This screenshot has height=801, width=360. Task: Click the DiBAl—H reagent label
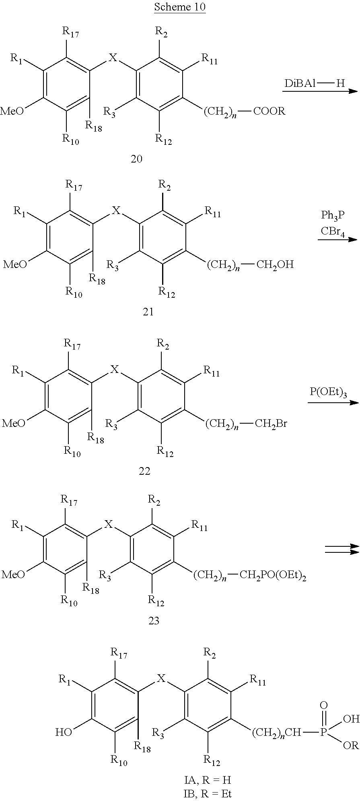pyautogui.click(x=315, y=83)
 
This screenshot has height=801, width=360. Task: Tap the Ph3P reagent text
pyautogui.click(x=333, y=215)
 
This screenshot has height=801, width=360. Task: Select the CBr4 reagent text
pyautogui.click(x=333, y=232)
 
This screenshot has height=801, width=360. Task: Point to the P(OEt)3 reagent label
pyautogui.click(x=328, y=393)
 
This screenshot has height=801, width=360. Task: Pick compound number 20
pyautogui.click(x=137, y=159)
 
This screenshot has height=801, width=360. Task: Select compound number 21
pyautogui.click(x=148, y=311)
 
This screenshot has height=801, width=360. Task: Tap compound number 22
pyautogui.click(x=144, y=470)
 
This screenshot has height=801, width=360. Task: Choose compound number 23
pyautogui.click(x=154, y=621)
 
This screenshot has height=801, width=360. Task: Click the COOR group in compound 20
pyautogui.click(x=269, y=111)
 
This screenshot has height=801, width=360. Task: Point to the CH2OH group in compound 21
pyautogui.click(x=275, y=264)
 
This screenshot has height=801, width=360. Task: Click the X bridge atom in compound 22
pyautogui.click(x=115, y=369)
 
